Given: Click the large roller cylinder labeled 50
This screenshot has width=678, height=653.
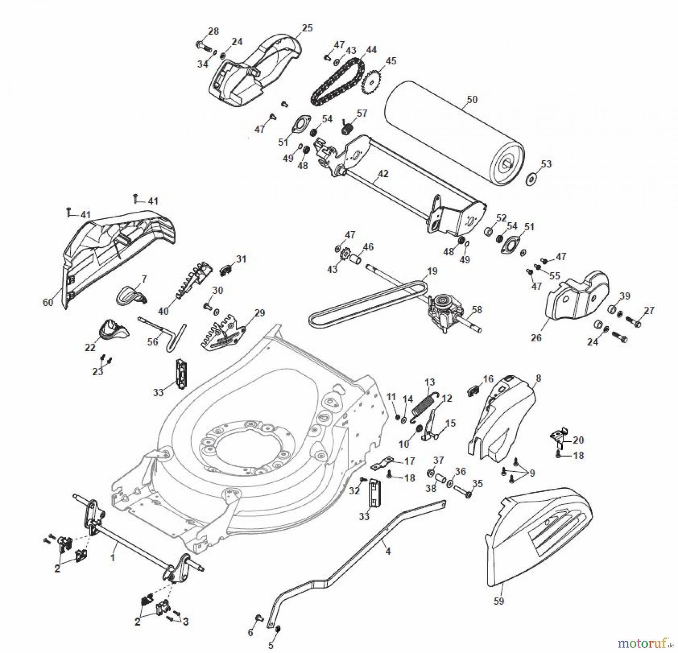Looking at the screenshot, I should coord(452,132).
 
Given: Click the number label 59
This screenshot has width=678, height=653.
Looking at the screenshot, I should coord(498,601).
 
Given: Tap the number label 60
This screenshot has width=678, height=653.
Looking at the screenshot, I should coord(48,302).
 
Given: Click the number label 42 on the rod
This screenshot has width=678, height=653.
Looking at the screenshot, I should coord(383,174).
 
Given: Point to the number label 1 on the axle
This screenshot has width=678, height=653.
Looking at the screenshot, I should coord(112,557).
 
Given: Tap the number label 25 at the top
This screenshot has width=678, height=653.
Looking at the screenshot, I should coord(307,28).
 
